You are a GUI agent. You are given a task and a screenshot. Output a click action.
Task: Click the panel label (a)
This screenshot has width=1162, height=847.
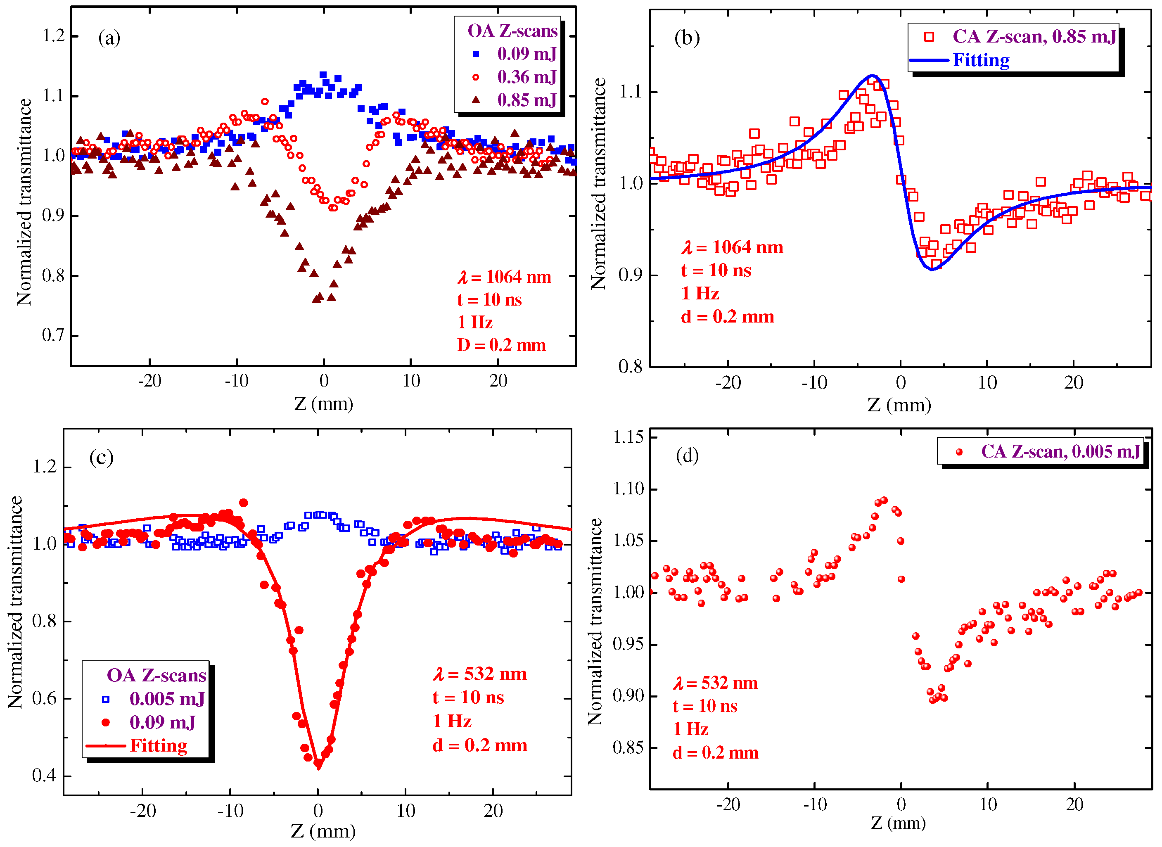[109, 38]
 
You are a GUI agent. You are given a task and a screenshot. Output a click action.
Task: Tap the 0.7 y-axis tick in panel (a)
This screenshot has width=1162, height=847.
[53, 336]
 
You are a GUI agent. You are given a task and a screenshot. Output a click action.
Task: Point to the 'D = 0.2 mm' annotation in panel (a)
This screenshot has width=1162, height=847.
[501, 346]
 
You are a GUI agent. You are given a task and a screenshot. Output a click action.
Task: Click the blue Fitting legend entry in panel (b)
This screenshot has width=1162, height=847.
[980, 60]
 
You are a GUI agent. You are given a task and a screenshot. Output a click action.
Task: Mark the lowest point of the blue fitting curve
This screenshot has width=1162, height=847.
[932, 270]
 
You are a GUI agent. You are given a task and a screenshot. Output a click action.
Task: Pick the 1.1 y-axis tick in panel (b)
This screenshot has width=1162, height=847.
[631, 92]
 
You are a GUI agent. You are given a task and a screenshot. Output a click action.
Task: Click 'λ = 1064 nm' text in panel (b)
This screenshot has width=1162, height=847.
[732, 248]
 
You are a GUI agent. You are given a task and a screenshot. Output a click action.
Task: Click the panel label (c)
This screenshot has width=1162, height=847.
[101, 457]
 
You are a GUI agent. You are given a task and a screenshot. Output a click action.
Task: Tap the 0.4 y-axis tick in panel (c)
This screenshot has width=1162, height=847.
[44, 776]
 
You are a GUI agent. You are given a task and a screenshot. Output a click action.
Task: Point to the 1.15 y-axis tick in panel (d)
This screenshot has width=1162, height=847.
[628, 437]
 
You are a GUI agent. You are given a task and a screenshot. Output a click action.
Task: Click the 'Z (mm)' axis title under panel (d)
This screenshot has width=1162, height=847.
[898, 823]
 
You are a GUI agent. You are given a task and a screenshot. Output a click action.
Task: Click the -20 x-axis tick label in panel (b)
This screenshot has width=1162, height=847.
[728, 383]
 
